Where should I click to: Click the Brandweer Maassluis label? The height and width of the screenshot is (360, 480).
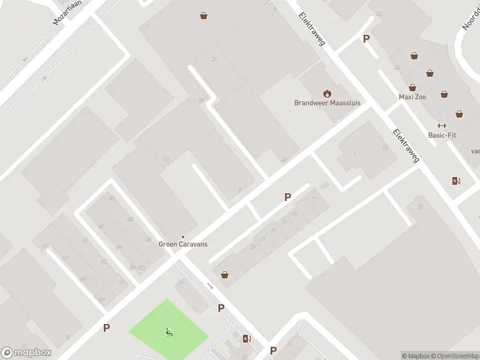tap(327, 103)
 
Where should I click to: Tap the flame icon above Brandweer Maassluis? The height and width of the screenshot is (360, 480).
tap(327, 93)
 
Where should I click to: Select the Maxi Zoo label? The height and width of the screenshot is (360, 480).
tap(412, 97)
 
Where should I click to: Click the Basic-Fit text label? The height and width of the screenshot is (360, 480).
tap(442, 135)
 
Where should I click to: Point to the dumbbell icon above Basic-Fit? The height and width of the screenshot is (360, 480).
tap(442, 125)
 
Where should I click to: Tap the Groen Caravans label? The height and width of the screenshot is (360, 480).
tap(182, 244)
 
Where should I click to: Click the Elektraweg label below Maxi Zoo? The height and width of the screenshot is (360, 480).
tap(406, 146)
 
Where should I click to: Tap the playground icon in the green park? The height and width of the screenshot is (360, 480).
tap(169, 331)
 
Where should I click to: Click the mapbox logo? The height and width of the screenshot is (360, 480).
tap(26, 353)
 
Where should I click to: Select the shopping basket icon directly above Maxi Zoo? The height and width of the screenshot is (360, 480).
tap(413, 88)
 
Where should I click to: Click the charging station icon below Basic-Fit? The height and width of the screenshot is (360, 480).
tap(456, 181)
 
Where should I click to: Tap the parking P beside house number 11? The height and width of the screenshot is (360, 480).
tap(287, 197)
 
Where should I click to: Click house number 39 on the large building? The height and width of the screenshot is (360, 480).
tap(421, 207)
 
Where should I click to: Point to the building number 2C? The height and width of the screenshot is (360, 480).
tap(214, 59)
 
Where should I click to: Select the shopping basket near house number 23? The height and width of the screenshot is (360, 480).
tap(225, 275)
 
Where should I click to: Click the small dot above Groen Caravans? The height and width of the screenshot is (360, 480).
tap(182, 236)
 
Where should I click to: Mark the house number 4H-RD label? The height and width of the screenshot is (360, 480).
tap(137, 267)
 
